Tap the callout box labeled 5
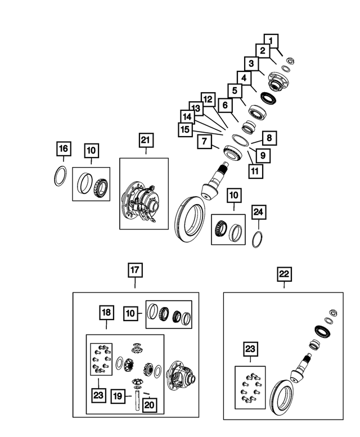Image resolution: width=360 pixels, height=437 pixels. pyautogui.click(x=236, y=90)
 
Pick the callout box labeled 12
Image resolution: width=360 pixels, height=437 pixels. pyautogui.click(x=208, y=99)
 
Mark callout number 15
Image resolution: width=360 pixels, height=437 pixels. pyautogui.click(x=184, y=129)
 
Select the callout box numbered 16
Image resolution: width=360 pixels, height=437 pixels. pyautogui.click(x=64, y=149)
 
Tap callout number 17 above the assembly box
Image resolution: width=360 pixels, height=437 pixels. pyautogui.click(x=135, y=271)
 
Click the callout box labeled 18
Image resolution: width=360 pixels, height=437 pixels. pyautogui.click(x=107, y=313)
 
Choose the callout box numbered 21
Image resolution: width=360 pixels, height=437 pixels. pyautogui.click(x=146, y=139)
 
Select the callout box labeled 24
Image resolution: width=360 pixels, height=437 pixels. pyautogui.click(x=258, y=212)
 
